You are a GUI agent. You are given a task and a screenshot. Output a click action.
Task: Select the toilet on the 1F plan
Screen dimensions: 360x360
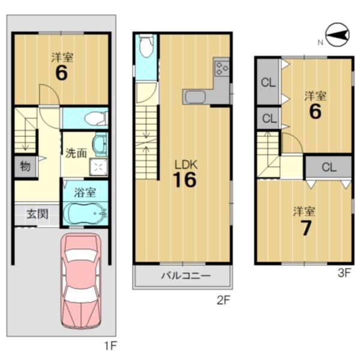tap(97, 118)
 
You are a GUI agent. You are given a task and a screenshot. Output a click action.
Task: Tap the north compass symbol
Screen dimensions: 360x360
tap(337, 35)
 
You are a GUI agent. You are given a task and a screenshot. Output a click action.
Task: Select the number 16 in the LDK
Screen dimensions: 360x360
tap(185, 180)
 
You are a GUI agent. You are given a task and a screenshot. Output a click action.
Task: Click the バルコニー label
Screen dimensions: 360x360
tap(185, 275)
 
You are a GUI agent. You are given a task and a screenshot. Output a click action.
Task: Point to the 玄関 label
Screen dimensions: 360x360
tap(37, 214)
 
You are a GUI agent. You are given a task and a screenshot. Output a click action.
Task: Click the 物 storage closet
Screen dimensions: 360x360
tap(25, 166)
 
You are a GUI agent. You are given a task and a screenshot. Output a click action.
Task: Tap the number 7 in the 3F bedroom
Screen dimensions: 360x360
tap(305, 228)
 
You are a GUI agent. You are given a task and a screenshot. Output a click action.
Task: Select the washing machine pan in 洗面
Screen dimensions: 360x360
tap(98, 167)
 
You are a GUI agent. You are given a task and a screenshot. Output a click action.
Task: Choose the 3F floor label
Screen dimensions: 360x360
tap(344, 273)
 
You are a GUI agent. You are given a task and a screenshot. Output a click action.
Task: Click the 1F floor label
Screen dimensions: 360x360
tap(111, 346)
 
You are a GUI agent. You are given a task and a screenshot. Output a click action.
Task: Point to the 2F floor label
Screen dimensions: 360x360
tap(223, 300)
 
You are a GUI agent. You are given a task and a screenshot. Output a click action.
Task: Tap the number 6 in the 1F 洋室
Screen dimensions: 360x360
tap(62, 73)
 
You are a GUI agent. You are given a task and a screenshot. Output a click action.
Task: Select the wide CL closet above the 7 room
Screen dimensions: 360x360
tap(329, 167)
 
